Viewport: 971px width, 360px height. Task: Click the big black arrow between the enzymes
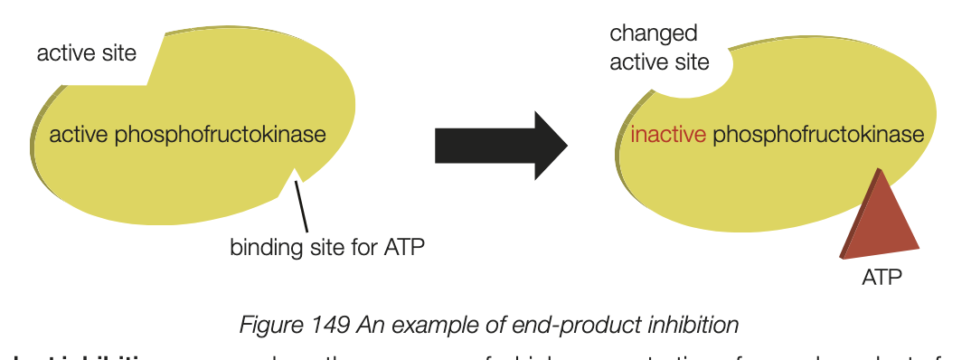click(x=497, y=145)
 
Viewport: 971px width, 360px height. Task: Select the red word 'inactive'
click(x=667, y=135)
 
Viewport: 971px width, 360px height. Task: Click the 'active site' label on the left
click(x=86, y=53)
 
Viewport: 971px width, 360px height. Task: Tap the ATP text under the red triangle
click(x=881, y=277)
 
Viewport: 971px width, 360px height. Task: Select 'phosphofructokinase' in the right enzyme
click(x=818, y=135)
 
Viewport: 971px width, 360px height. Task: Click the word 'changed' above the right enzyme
click(x=653, y=34)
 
